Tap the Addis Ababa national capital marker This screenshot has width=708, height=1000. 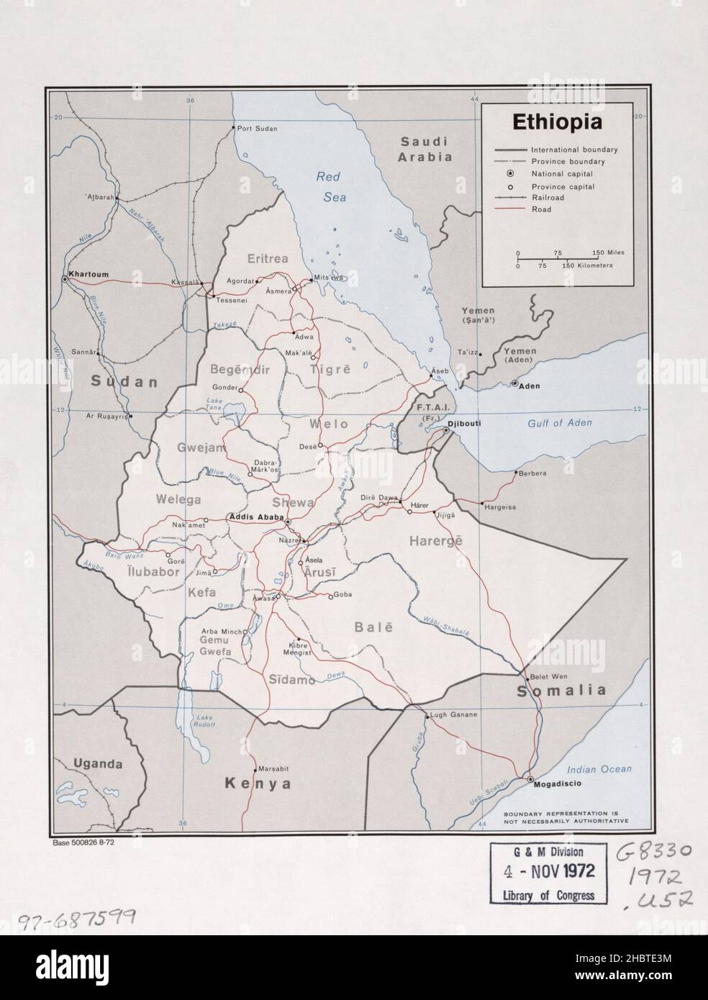coord(288,521)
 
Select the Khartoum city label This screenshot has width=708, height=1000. coord(88,274)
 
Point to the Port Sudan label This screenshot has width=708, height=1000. coord(257,128)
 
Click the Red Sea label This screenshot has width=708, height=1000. coord(328,185)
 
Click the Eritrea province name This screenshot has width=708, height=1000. coord(268,258)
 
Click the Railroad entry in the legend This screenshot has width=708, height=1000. coord(552,197)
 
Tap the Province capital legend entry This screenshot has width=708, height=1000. coord(563,186)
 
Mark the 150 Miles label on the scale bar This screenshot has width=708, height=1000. coord(608,253)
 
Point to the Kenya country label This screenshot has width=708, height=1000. coord(258,783)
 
